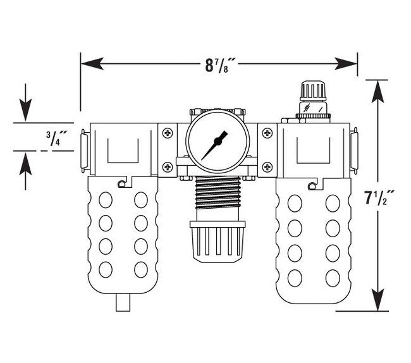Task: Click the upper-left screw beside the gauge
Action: click(167, 133)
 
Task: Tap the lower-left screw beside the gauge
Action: click(167, 166)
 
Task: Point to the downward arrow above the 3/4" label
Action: click(25, 110)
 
